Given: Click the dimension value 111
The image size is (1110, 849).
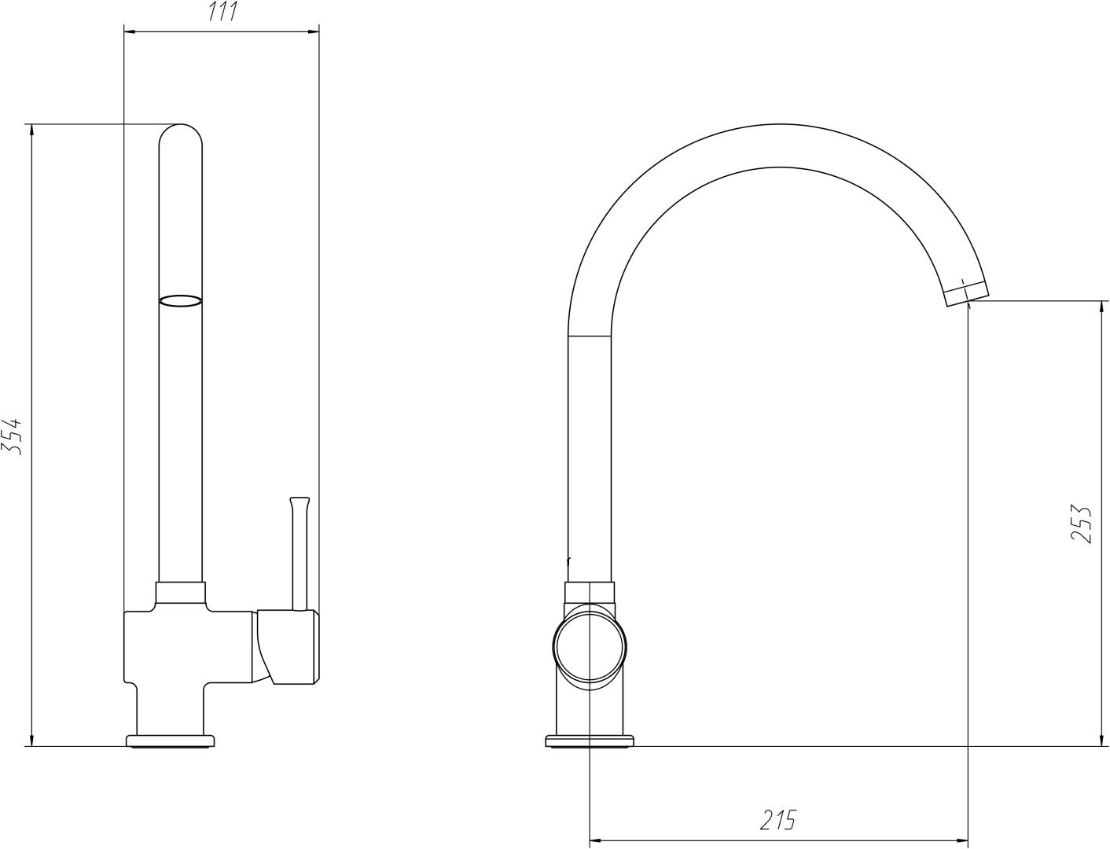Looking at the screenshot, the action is click(222, 11).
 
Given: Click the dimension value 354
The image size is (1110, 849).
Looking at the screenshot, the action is click(12, 436).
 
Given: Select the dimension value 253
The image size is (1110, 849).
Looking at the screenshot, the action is click(1082, 524).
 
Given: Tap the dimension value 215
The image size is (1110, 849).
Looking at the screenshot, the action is click(777, 820).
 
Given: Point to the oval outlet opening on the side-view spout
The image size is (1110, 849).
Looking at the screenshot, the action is click(181, 301).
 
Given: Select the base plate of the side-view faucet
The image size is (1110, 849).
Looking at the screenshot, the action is click(171, 741).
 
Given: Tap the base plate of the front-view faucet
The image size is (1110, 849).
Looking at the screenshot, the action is click(590, 741).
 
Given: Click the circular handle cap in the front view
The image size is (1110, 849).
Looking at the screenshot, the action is click(590, 647).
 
